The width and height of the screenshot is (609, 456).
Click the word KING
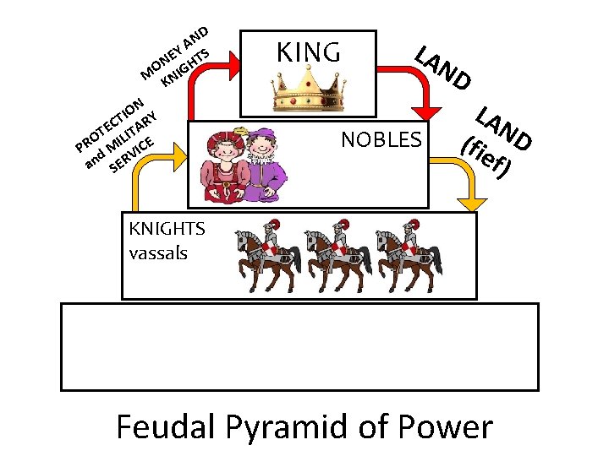pyautogui.click(x=309, y=52)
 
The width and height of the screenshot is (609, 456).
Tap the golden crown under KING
pyautogui.click(x=308, y=92)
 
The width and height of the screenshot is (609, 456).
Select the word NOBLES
pyautogui.click(x=381, y=139)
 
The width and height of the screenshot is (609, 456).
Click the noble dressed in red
pyautogui.click(x=222, y=165)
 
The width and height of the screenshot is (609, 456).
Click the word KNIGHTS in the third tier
pyautogui.click(x=167, y=229)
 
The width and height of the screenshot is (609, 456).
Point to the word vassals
pyautogui.click(x=158, y=252)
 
